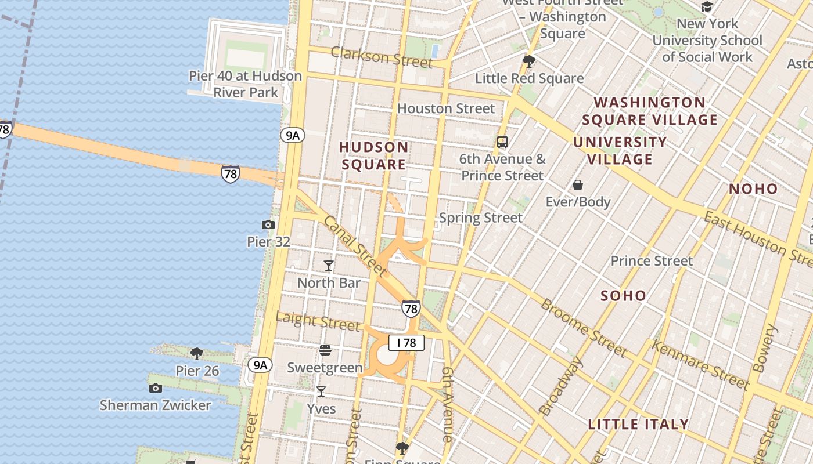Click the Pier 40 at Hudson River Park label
[246, 84]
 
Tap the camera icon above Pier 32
[268, 224]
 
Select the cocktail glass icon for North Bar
[329, 266]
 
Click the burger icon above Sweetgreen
[325, 350]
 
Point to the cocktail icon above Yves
[321, 391]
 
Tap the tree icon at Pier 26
[197, 353]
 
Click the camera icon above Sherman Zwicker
[155, 388]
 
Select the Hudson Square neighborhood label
[374, 155]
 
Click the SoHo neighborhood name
[623, 296]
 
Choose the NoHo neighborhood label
[753, 188]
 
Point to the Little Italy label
[638, 424]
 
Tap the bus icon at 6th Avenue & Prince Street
[502, 142]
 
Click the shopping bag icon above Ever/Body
[578, 185]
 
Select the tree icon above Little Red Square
[529, 61]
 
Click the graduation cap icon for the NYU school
[707, 7]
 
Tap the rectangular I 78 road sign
[406, 343]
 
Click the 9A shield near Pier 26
[260, 365]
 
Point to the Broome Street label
[584, 328]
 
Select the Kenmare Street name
[700, 365]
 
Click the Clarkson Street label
[382, 57]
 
